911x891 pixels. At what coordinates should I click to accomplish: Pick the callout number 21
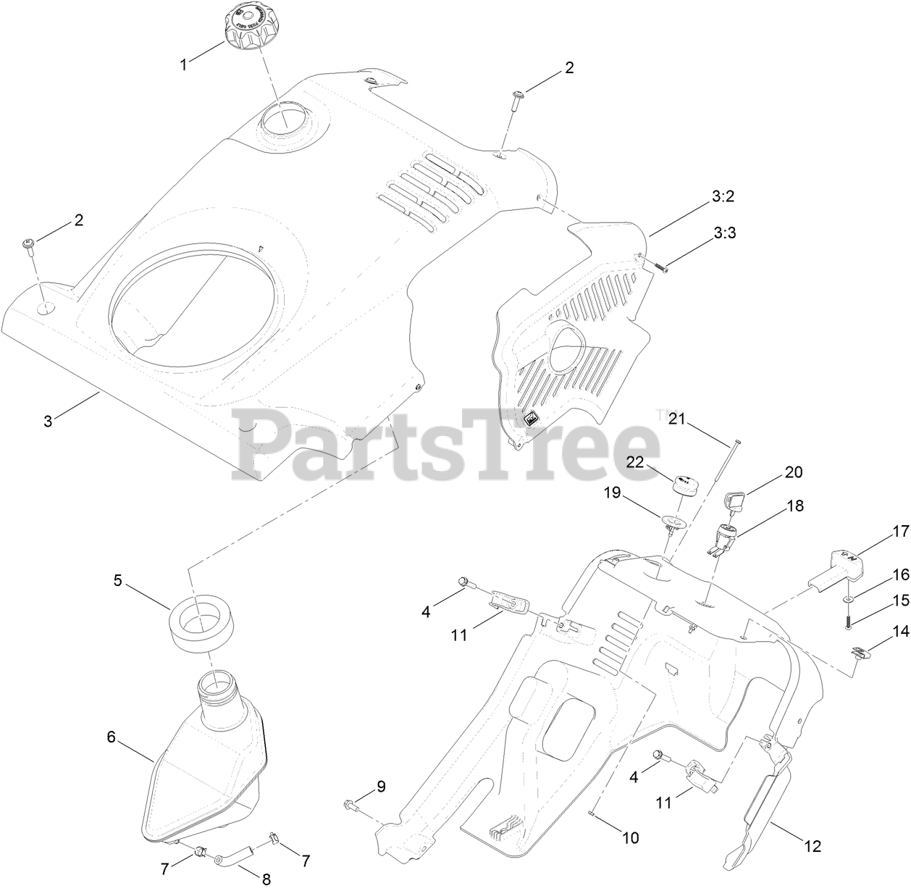(676, 418)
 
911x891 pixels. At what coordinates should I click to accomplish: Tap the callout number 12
(813, 845)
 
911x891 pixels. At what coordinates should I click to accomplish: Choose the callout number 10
(630, 837)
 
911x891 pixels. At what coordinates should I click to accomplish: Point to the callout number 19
(613, 493)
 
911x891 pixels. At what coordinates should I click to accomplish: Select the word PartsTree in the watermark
(445, 445)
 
